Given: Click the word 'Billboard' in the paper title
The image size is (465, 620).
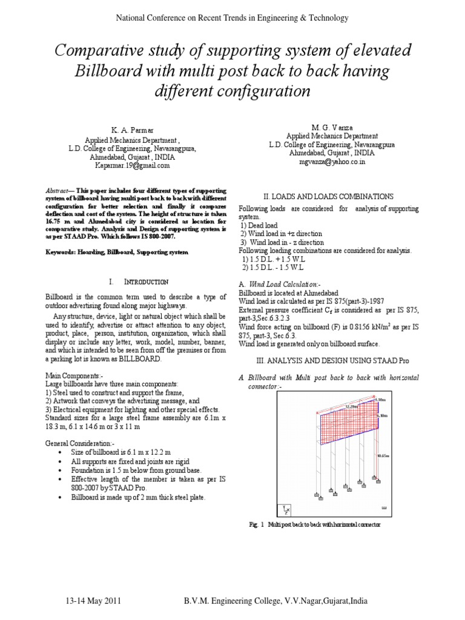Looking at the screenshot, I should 108,71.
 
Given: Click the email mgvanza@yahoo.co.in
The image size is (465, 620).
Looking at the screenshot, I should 324,162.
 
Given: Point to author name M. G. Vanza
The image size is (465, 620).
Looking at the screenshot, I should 324,127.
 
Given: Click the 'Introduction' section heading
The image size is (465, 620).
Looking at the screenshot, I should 146,282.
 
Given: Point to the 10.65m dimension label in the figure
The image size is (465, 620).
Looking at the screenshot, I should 382,455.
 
